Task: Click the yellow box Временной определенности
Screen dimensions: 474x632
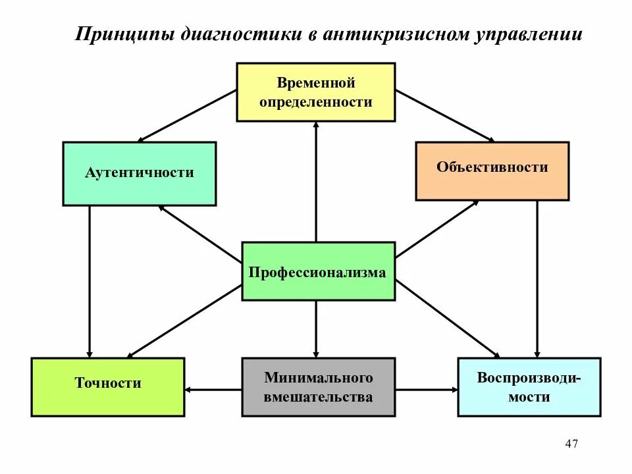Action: coord(315,92)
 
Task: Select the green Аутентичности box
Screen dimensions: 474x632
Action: coord(139,174)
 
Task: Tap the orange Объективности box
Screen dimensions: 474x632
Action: coord(492,171)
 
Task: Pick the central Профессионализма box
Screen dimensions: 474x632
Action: coord(319,271)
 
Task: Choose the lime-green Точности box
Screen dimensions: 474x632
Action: coord(107,386)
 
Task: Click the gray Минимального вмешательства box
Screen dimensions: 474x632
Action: coord(319,386)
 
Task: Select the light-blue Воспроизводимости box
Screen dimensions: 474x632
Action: coord(529,386)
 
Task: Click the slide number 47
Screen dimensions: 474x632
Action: coord(571,444)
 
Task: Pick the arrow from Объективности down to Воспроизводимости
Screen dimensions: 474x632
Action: coord(537,279)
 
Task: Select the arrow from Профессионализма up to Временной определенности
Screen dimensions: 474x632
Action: coord(316,182)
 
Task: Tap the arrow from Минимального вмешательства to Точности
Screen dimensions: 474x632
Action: coord(213,390)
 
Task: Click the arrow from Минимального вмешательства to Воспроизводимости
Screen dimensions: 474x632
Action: coord(427,390)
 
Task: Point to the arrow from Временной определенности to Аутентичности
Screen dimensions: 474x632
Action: coord(187,116)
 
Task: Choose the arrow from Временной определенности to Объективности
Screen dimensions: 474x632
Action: coord(445,116)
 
